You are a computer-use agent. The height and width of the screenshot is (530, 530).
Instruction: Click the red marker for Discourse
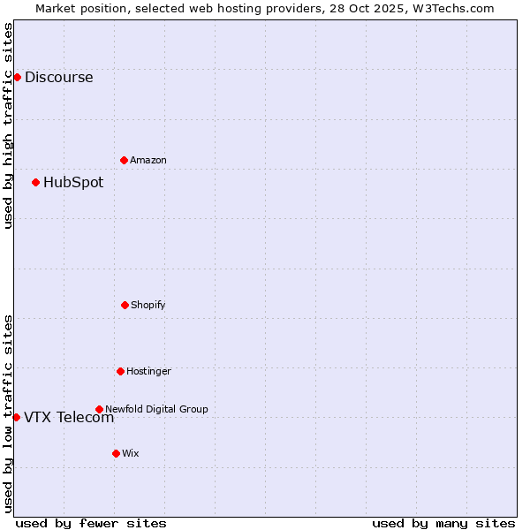coord(17,77)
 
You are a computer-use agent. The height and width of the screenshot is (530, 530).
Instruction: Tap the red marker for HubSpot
coord(35,183)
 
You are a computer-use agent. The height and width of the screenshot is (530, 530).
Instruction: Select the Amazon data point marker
coord(124,160)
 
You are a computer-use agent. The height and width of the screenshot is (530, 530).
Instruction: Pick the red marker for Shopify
coord(125,305)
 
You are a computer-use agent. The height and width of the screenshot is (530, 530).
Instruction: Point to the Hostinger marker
coord(120,371)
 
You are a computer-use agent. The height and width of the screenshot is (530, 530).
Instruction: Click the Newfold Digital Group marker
coord(99,409)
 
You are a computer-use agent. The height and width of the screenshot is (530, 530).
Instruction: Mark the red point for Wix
coord(116,453)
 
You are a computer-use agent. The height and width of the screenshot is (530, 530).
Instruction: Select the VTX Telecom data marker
coord(16,417)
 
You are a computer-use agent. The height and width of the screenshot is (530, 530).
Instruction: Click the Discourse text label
coord(58,77)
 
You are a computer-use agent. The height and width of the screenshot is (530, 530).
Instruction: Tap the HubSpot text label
coord(73,183)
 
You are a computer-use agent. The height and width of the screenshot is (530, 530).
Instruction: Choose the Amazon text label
coord(148,160)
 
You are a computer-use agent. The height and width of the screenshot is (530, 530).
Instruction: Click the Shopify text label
coord(148,305)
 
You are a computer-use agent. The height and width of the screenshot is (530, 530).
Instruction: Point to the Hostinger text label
coord(148,371)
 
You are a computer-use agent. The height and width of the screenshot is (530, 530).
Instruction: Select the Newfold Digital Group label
coord(156,409)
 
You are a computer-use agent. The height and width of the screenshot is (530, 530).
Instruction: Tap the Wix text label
coord(131,453)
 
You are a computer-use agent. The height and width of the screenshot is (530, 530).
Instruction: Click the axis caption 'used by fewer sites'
coord(91,523)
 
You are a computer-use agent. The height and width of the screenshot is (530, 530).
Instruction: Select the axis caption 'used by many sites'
coord(443,523)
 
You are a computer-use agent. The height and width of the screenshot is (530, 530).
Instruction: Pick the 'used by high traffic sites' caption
coord(8,125)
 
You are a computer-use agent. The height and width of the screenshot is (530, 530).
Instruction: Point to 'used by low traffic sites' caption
coord(8,413)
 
